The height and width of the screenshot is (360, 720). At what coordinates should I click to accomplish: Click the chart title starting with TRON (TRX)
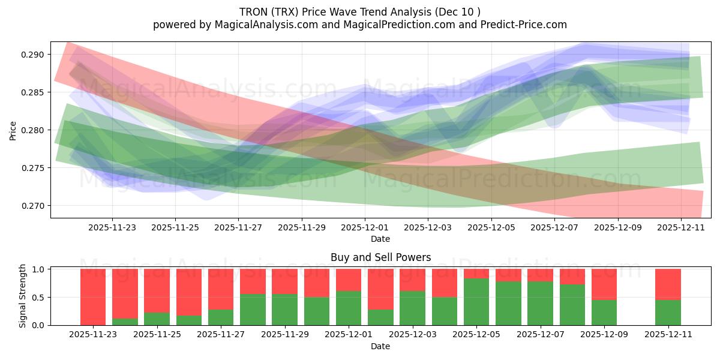[360, 12]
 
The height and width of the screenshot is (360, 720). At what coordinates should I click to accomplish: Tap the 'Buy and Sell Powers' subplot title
[380, 257]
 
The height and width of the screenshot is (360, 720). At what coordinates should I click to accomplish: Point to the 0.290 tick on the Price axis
[34, 55]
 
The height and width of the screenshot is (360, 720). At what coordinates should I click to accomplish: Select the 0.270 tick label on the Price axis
[34, 206]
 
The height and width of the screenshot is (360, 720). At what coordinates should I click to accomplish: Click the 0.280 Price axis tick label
[34, 130]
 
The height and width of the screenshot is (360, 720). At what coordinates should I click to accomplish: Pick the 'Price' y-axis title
[13, 130]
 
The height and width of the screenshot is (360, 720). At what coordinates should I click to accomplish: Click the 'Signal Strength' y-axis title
[23, 296]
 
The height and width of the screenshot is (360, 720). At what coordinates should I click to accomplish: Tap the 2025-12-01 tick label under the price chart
[365, 227]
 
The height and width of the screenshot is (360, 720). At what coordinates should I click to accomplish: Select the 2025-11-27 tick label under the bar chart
[221, 335]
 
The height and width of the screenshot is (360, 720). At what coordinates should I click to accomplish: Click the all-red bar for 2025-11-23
[93, 297]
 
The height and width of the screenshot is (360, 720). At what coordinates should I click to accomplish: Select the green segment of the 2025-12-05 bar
[476, 302]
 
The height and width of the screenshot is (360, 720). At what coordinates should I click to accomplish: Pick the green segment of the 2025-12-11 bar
[668, 313]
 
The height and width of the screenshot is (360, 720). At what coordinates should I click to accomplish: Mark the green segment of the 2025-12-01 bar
[349, 308]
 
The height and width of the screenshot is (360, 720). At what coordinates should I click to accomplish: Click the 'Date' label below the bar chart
[380, 346]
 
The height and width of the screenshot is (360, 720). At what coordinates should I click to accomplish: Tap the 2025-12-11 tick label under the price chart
[681, 227]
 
